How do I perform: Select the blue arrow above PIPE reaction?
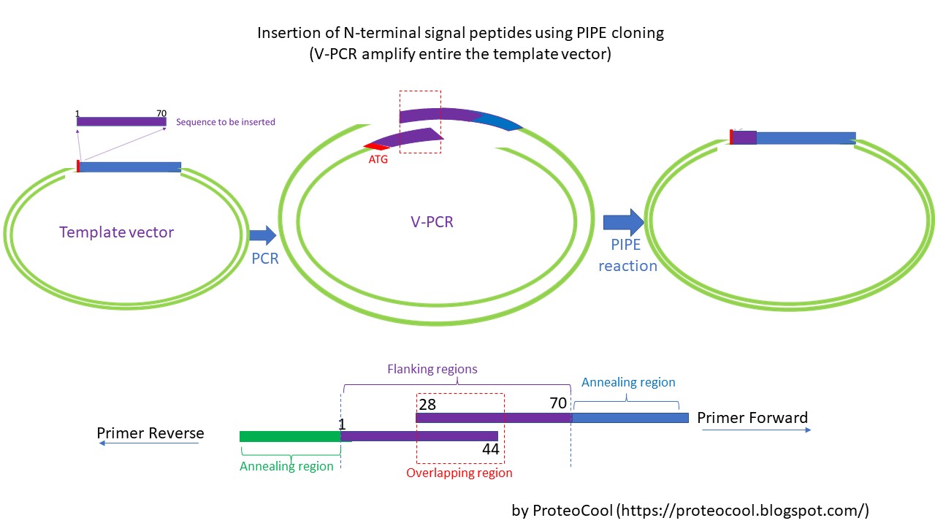623,221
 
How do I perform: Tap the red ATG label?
378,159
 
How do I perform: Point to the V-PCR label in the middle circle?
431,221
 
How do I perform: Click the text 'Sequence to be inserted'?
226,122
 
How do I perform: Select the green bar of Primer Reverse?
290,436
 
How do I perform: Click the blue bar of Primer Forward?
630,418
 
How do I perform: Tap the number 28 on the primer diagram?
429,403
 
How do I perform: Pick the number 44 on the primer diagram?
490,449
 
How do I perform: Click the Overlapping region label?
459,473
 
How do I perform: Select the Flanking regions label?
432,369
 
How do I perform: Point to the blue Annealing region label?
628,382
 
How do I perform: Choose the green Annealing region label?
286,466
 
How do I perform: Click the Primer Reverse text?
150,433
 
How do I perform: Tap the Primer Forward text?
752,418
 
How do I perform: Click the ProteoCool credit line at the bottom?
690,511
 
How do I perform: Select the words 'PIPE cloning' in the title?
624,33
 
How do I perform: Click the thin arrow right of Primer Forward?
756,430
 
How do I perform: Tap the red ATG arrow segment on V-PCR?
373,147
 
